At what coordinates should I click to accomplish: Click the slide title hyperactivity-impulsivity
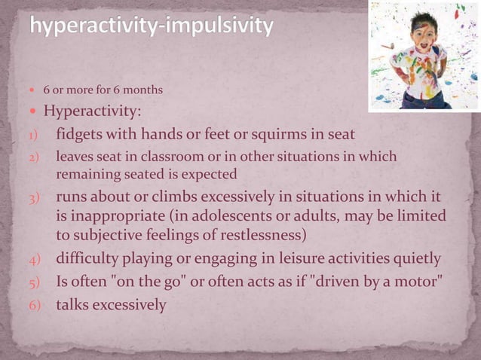point(151,28)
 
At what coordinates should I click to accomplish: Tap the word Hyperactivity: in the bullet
point(91,112)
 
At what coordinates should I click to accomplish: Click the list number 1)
point(24,136)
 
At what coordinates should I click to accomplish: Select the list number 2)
point(24,157)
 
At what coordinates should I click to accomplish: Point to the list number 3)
point(24,199)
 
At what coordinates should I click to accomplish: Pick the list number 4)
point(24,261)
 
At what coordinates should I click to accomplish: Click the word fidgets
point(81,135)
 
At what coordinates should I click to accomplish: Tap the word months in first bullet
point(142,91)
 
